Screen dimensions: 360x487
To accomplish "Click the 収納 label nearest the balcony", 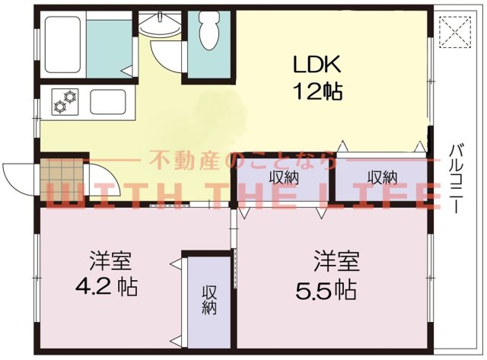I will point(382,177).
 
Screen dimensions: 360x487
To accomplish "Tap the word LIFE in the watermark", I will point(395,196).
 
